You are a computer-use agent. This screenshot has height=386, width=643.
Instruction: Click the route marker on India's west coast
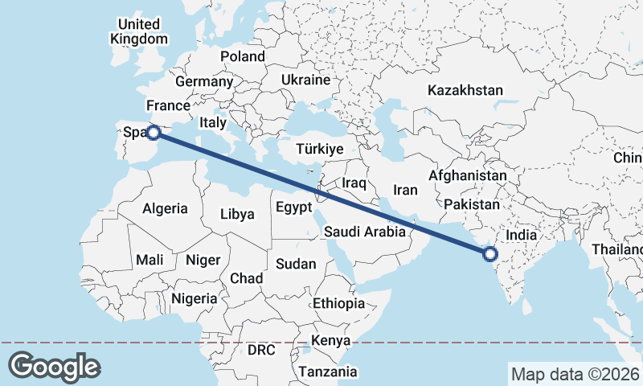tap(490, 255)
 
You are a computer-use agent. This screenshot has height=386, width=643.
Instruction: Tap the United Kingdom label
tap(140, 31)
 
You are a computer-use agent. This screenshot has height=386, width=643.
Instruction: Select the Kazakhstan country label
tap(465, 90)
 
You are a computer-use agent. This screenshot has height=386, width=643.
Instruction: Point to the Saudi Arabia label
tap(365, 232)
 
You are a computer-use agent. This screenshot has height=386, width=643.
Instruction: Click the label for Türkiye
tap(320, 150)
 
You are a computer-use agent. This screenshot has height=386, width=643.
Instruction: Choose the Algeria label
tap(165, 209)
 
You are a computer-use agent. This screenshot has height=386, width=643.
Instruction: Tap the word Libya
tap(237, 215)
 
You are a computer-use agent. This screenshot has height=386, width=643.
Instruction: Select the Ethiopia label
tap(338, 304)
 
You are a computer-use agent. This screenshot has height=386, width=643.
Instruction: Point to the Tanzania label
tap(328, 372)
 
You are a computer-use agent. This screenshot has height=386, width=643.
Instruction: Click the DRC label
tap(261, 351)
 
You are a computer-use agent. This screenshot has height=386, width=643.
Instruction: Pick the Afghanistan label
tap(468, 175)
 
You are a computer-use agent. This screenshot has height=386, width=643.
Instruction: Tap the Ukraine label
tap(305, 80)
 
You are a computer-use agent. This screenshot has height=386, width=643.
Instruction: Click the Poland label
tap(243, 56)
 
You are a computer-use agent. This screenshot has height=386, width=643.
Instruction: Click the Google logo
tap(54, 367)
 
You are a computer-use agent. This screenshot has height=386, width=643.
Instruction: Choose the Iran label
tap(405, 191)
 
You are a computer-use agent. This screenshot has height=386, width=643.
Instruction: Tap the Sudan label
tap(296, 264)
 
